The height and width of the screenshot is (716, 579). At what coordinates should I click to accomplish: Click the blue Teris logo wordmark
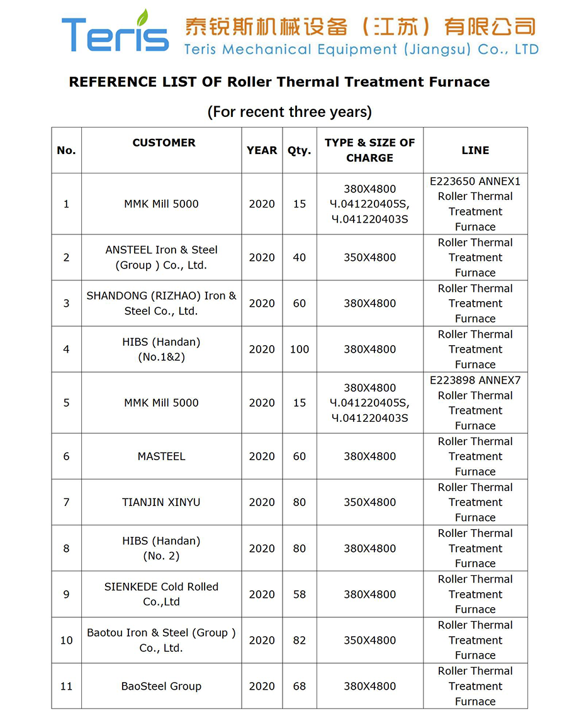pyautogui.click(x=115, y=35)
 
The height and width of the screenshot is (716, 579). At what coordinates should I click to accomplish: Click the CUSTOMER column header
pyautogui.click(x=164, y=143)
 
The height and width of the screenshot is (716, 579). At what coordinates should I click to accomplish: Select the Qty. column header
pyautogui.click(x=300, y=150)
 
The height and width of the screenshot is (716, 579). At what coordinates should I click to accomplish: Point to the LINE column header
pyautogui.click(x=475, y=150)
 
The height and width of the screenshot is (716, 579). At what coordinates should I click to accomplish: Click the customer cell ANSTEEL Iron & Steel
pyautogui.click(x=161, y=257)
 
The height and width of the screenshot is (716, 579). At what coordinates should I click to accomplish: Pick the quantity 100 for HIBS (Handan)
pyautogui.click(x=300, y=350)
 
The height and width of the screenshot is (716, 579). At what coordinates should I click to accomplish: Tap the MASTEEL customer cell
pyautogui.click(x=161, y=456)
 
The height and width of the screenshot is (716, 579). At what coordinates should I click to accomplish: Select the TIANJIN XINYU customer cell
pyautogui.click(x=161, y=502)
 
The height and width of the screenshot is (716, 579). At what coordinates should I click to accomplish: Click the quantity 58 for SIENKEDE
pyautogui.click(x=300, y=594)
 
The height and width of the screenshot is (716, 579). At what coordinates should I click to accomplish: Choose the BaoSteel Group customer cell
pyautogui.click(x=161, y=686)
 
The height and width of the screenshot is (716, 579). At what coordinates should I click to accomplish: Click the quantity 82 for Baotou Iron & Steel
pyautogui.click(x=300, y=641)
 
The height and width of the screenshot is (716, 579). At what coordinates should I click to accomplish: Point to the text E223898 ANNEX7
pyautogui.click(x=475, y=380)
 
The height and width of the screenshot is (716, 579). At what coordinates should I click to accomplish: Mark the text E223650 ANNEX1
pyautogui.click(x=475, y=182)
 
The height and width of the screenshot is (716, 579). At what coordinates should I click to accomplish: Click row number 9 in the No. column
pyautogui.click(x=66, y=594)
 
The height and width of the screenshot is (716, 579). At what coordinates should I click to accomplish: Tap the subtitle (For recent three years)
pyautogui.click(x=289, y=112)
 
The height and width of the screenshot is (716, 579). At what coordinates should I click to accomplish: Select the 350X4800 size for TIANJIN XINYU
pyautogui.click(x=369, y=502)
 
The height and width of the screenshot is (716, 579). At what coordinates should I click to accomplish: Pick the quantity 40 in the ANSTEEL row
pyautogui.click(x=300, y=257)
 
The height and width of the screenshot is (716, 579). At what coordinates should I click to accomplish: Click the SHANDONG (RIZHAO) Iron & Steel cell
pyautogui.click(x=161, y=303)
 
